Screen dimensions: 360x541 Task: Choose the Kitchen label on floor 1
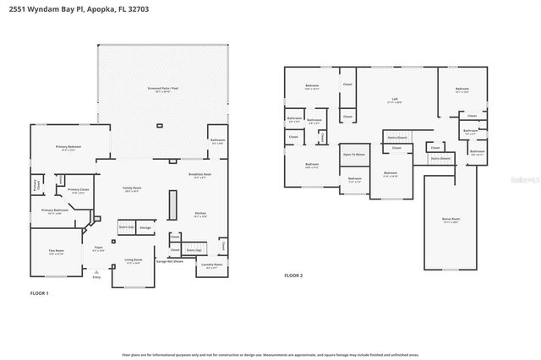200,215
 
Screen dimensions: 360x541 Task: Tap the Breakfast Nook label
200,176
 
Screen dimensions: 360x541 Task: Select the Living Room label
134,261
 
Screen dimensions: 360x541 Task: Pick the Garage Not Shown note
170,262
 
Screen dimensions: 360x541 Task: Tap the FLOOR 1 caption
40,292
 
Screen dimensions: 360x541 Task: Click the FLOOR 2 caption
292,275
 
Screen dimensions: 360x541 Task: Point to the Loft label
393,100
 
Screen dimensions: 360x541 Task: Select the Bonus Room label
451,221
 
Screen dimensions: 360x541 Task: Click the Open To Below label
353,155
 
